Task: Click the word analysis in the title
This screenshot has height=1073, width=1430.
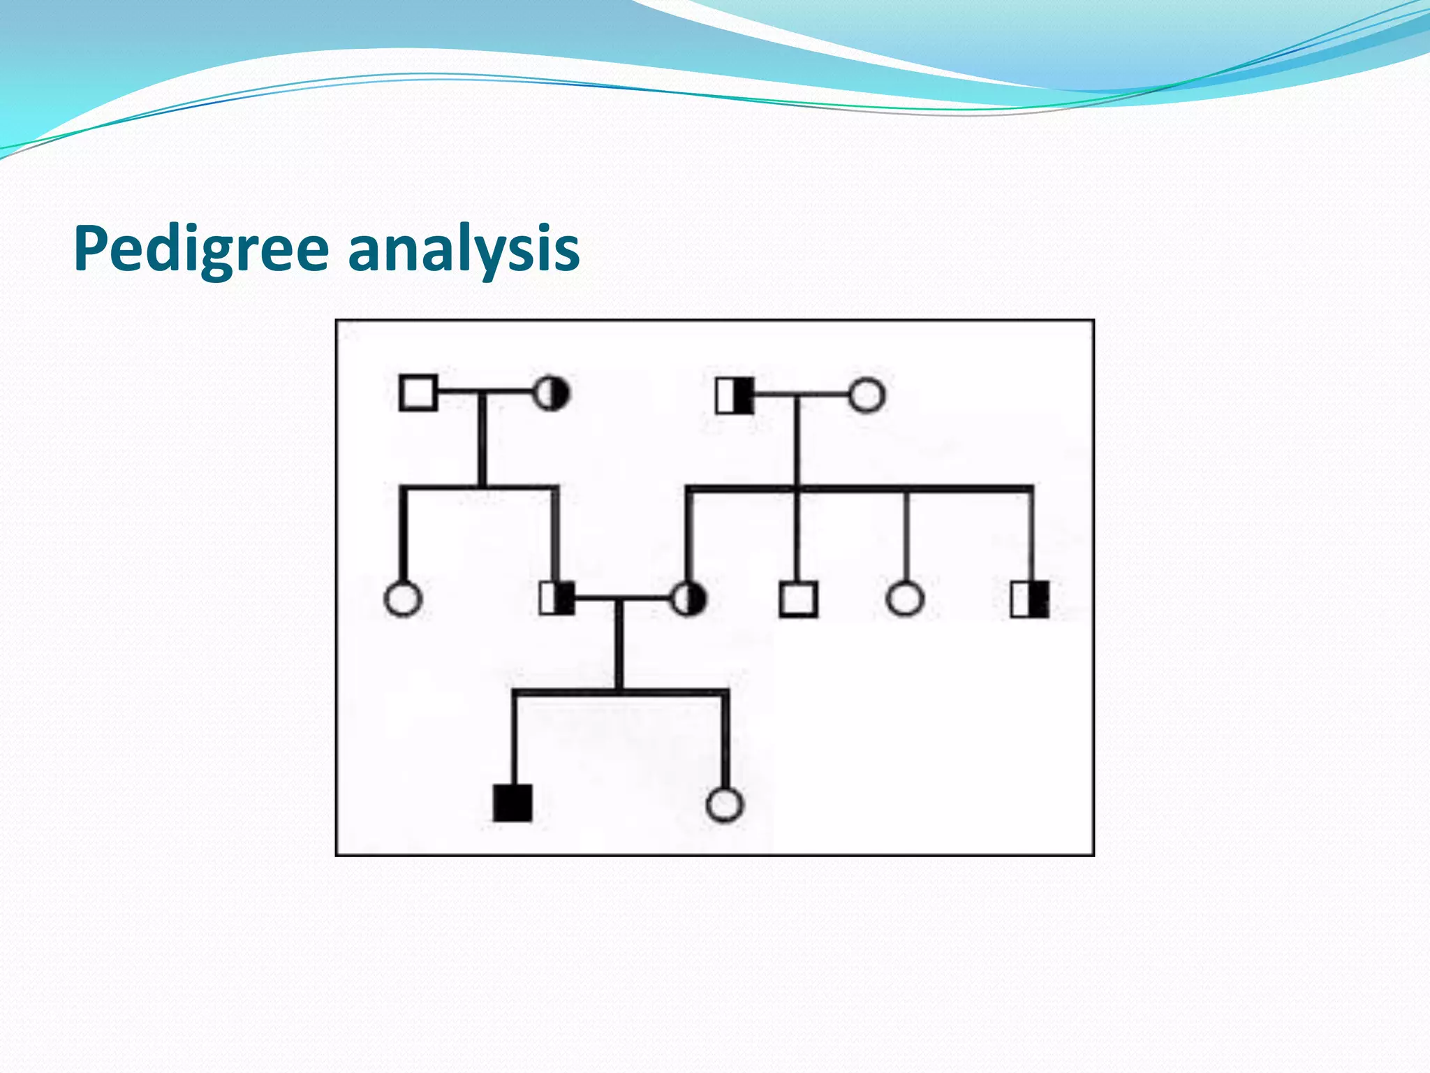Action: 464,250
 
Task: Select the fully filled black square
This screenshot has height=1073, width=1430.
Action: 513,803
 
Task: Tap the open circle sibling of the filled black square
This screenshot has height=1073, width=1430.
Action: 725,804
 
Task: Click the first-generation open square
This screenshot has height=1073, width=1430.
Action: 418,393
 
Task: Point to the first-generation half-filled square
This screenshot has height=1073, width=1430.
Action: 735,395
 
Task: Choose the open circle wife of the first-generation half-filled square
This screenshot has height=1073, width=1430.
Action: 867,395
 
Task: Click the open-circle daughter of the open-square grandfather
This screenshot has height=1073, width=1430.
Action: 403,599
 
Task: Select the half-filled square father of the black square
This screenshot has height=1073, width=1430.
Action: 557,599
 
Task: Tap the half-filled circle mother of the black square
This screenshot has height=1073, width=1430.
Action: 688,599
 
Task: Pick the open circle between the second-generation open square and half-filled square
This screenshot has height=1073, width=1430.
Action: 905,599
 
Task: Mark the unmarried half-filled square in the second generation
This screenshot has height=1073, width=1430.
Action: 1030,599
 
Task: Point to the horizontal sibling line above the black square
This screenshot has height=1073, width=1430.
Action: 620,692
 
